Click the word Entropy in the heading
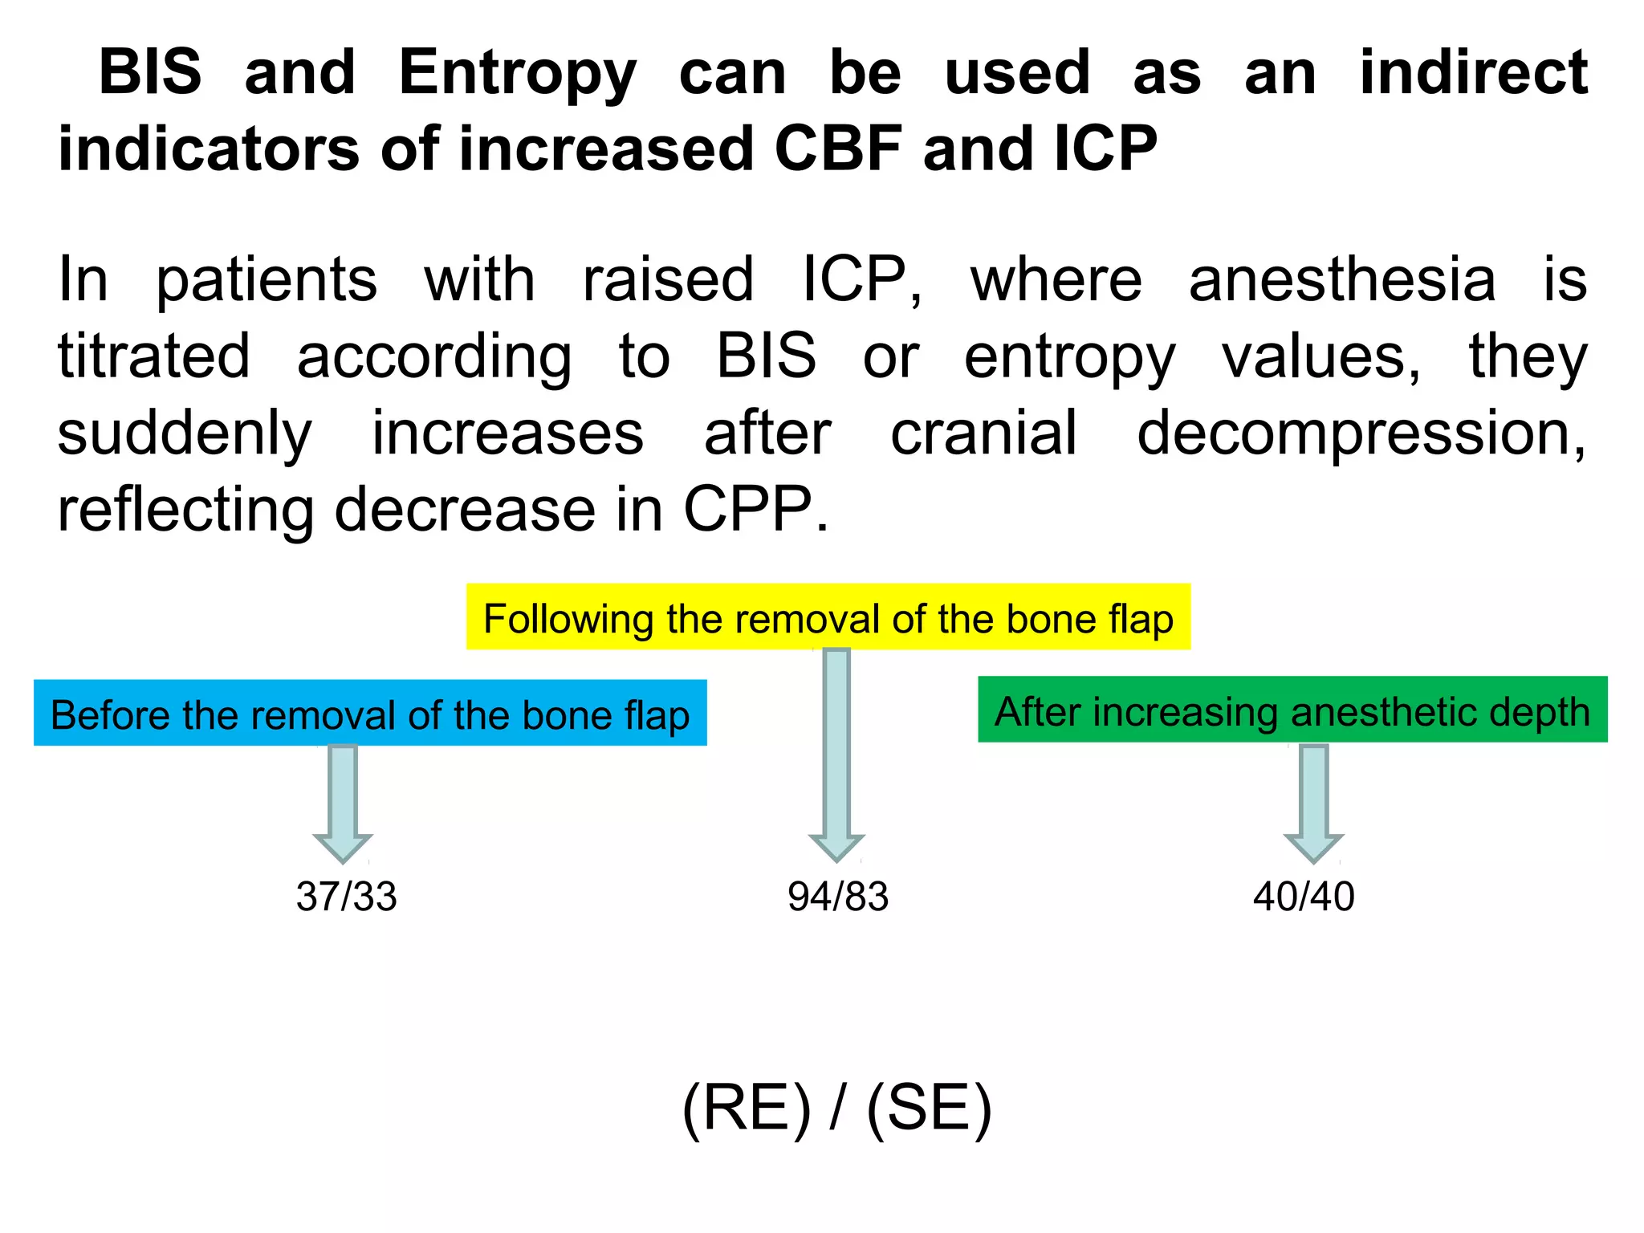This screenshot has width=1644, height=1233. (x=517, y=74)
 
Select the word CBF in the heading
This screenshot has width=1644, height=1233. (x=838, y=149)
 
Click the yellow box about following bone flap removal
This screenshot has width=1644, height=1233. (x=828, y=618)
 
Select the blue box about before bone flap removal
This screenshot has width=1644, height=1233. (x=370, y=714)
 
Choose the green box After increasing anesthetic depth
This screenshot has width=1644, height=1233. (x=1292, y=710)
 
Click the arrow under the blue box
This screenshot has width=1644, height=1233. (x=343, y=803)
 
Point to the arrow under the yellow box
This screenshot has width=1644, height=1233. (x=836, y=755)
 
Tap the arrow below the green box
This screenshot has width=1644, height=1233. (x=1313, y=803)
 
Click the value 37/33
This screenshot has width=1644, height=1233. (x=346, y=897)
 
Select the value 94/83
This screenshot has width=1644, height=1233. (x=837, y=897)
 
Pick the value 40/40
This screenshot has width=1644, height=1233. (x=1304, y=897)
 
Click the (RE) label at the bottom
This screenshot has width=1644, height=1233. (x=747, y=1109)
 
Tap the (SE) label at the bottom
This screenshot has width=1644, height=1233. (x=930, y=1109)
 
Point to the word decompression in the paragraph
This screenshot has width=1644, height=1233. (x=1360, y=434)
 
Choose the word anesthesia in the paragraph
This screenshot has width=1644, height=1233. (x=1341, y=280)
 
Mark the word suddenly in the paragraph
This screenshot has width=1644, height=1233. (x=185, y=434)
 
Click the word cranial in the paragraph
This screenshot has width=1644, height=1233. (x=983, y=434)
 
